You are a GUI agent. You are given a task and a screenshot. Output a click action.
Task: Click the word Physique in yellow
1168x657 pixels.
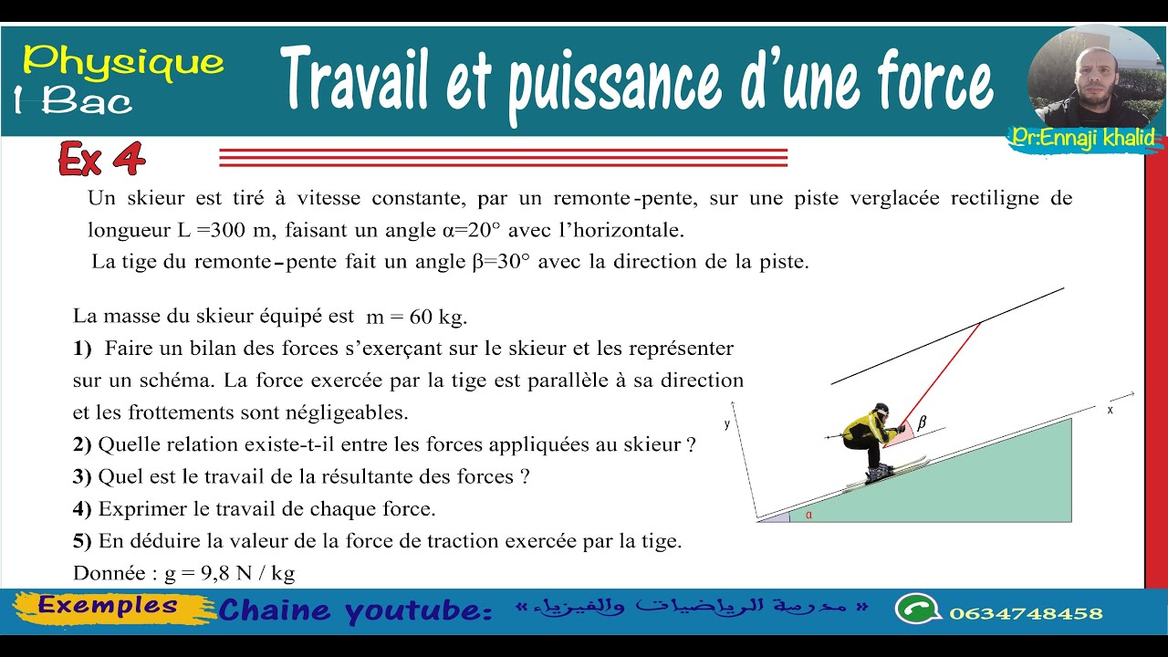(123, 62)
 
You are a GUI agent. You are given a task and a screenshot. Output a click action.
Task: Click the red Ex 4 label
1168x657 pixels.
(101, 160)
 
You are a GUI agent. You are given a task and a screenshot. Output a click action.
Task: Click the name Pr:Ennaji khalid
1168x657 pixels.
(1083, 138)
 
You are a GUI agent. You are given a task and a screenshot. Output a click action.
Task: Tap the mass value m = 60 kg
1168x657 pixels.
(416, 318)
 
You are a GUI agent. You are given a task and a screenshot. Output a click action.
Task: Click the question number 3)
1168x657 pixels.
(82, 476)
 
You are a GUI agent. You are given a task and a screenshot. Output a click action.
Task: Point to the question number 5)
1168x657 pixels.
(82, 540)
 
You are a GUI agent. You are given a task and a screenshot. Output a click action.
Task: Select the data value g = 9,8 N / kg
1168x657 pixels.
(229, 573)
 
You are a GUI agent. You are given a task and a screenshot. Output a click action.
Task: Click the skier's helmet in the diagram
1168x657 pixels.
(881, 410)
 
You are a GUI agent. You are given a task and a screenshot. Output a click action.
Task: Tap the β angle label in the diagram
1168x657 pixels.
(921, 422)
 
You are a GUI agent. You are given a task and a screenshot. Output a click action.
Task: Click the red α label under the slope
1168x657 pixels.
(808, 515)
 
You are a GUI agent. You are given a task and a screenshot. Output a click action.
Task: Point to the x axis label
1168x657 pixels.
(1110, 411)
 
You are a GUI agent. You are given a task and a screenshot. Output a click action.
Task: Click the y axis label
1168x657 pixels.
(727, 423)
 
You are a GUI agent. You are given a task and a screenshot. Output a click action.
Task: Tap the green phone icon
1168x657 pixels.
(914, 609)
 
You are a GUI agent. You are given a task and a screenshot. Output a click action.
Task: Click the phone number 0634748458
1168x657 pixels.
(1026, 613)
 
